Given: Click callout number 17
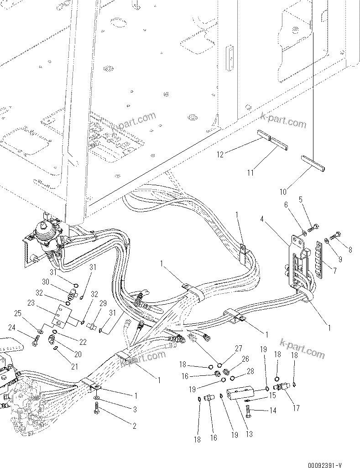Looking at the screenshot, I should coord(296,408).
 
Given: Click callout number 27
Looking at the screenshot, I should coord(238,348).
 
